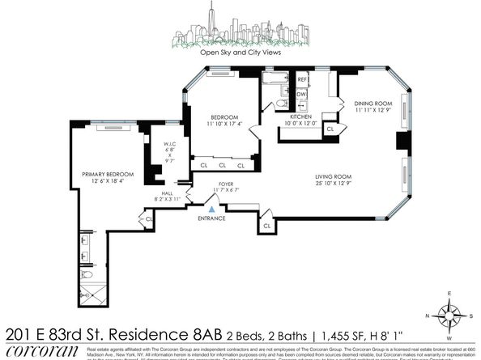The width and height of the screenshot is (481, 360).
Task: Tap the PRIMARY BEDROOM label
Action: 101,174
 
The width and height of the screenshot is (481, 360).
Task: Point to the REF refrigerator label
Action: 302,79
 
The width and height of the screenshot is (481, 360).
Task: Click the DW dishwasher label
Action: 301,94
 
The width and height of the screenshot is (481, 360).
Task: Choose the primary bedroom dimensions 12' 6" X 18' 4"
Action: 101,181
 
